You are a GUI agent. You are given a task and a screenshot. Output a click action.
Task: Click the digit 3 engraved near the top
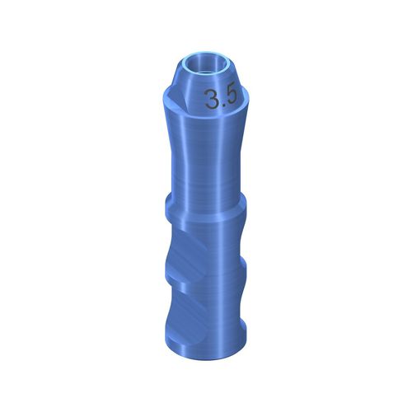click(x=213, y=101)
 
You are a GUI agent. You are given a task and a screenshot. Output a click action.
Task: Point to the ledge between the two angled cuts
click(x=176, y=262)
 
